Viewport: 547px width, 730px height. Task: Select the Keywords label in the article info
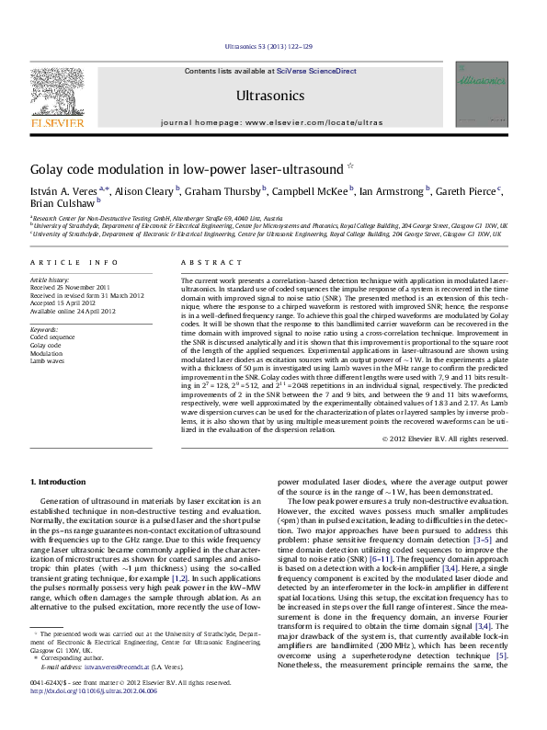click(44, 328)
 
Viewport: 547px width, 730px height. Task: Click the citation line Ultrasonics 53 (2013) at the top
click(272, 46)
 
